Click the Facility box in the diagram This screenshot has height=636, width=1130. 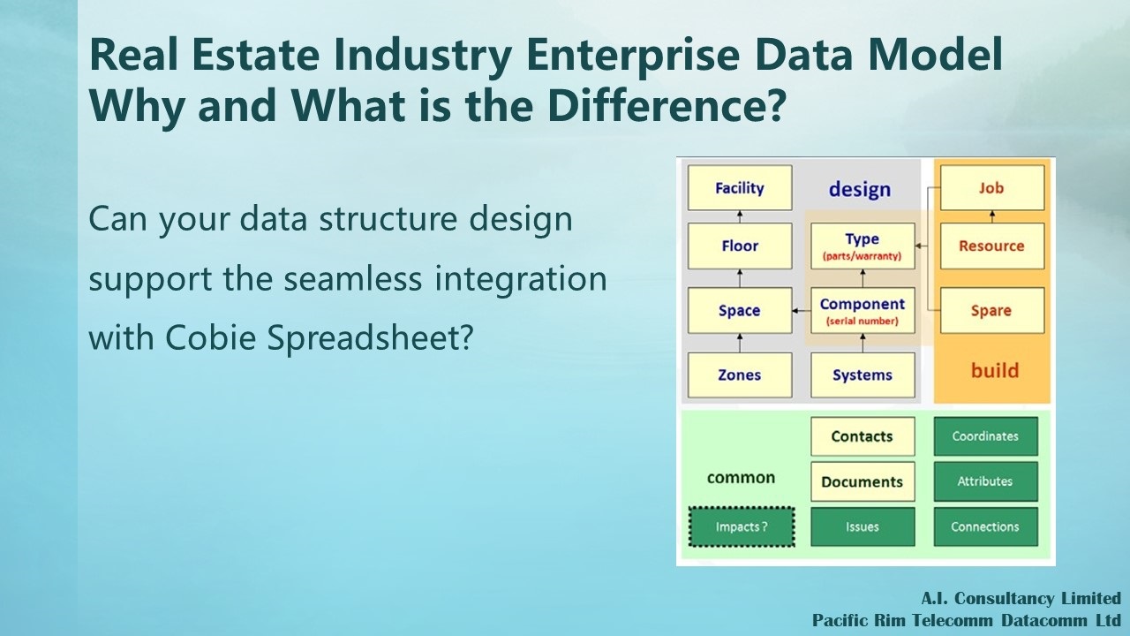pyautogui.click(x=740, y=188)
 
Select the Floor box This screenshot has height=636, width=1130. pyautogui.click(x=740, y=246)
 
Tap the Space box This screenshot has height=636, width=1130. pyautogui.click(x=740, y=310)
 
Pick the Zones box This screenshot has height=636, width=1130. pyautogui.click(x=740, y=375)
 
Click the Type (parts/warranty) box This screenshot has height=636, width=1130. pyautogui.click(x=863, y=246)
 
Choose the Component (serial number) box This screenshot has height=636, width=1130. pyautogui.click(x=863, y=310)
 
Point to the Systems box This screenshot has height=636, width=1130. pyautogui.click(x=863, y=375)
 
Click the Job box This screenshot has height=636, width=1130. pyautogui.click(x=992, y=188)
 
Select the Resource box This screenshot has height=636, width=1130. pyautogui.click(x=992, y=246)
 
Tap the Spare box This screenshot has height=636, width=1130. pyautogui.click(x=992, y=310)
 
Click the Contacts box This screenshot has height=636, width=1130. pyautogui.click(x=863, y=436)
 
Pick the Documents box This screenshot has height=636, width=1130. pyautogui.click(x=863, y=481)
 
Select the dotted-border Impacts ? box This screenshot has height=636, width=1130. pyautogui.click(x=742, y=527)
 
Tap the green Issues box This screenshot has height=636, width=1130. pyautogui.click(x=863, y=527)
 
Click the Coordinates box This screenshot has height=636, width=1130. pyautogui.click(x=986, y=436)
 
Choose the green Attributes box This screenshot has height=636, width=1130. pyautogui.click(x=986, y=481)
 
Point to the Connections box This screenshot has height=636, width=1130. pyautogui.click(x=986, y=527)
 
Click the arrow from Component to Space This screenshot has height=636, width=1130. pyautogui.click(x=802, y=310)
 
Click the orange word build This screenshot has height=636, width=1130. pyautogui.click(x=995, y=370)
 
